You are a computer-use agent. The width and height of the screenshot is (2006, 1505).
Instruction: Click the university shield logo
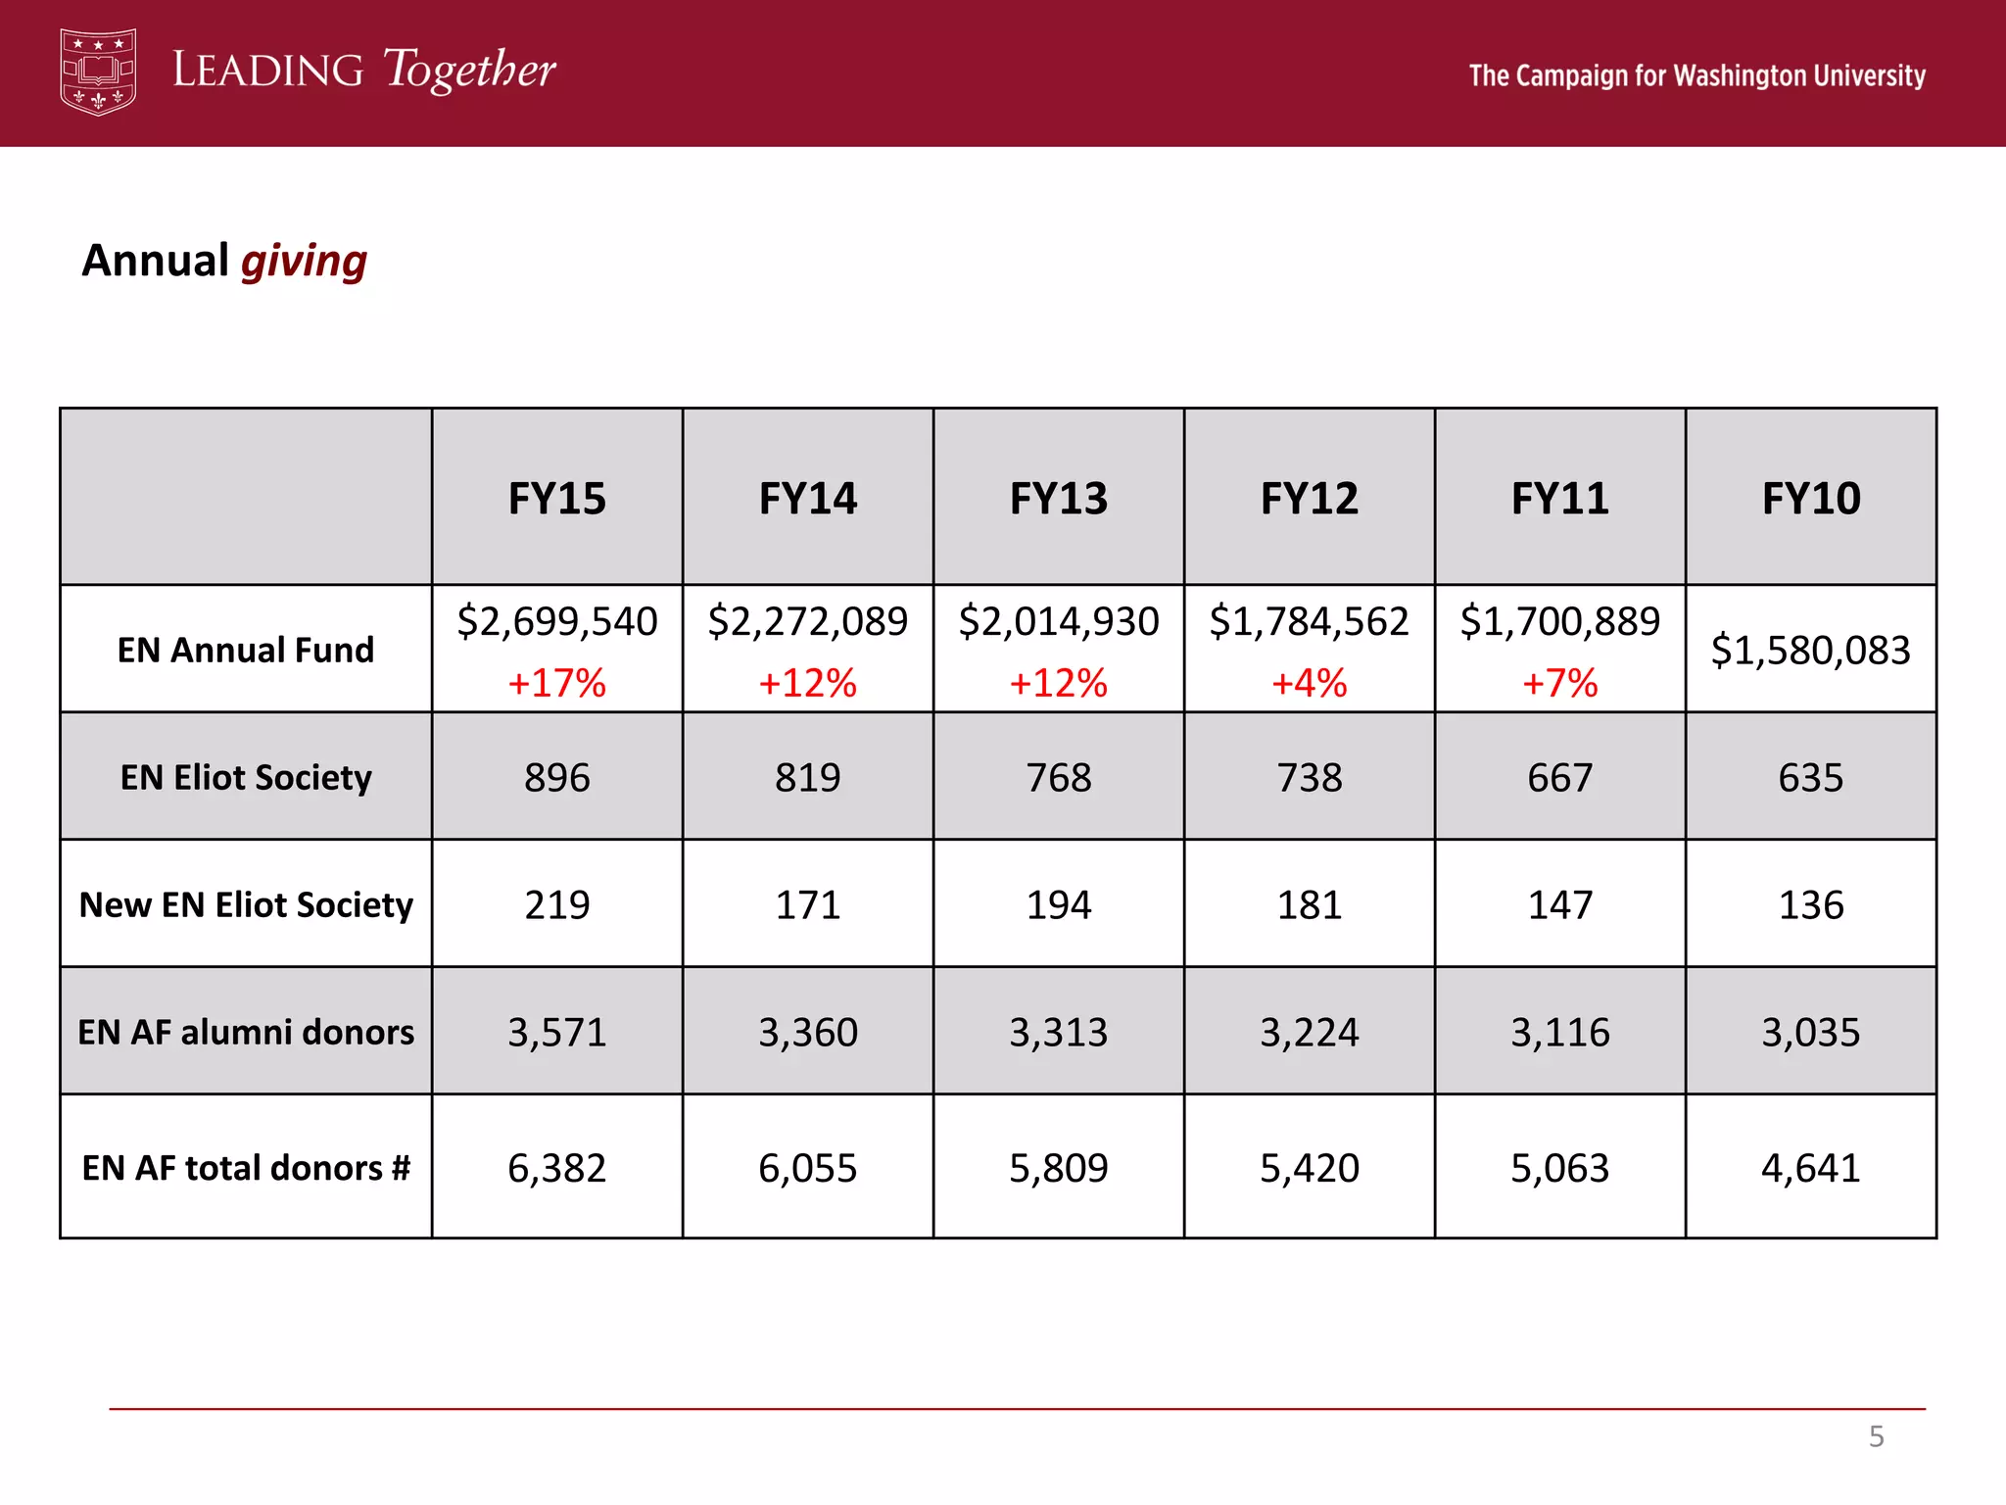[x=98, y=72]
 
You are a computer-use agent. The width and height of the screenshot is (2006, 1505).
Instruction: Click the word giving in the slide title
[x=304, y=262]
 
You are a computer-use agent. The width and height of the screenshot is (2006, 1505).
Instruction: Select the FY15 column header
[x=556, y=499]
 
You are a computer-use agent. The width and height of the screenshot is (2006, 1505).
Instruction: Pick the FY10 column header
[x=1810, y=499]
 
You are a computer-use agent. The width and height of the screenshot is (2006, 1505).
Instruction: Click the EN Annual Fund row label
[x=246, y=650]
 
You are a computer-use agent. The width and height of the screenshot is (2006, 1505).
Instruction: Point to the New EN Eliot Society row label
[x=246, y=904]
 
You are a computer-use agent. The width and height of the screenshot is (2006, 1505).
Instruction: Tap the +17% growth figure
[x=556, y=683]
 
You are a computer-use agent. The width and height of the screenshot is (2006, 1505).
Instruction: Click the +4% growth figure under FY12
[x=1309, y=683]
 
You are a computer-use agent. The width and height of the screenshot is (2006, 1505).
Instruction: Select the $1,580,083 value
[x=1810, y=651]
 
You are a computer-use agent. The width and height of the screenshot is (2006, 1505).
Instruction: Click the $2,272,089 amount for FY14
[x=808, y=621]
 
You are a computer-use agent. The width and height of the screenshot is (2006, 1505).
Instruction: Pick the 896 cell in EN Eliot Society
[x=556, y=778]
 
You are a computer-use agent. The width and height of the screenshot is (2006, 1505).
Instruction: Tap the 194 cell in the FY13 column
[x=1059, y=904]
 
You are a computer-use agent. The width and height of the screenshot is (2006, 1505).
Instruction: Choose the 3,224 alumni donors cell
[x=1309, y=1032]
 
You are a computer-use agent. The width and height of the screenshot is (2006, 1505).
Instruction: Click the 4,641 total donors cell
[x=1810, y=1168]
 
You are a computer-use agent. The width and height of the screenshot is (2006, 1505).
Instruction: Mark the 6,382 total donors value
[x=556, y=1168]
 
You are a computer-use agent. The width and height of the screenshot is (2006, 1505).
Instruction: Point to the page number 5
[x=1876, y=1436]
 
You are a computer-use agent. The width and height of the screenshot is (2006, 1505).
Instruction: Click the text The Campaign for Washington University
[x=1696, y=75]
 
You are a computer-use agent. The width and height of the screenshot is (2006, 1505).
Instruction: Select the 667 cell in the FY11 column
[x=1559, y=778]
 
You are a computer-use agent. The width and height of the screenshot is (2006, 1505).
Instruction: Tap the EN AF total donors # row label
[x=246, y=1168]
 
